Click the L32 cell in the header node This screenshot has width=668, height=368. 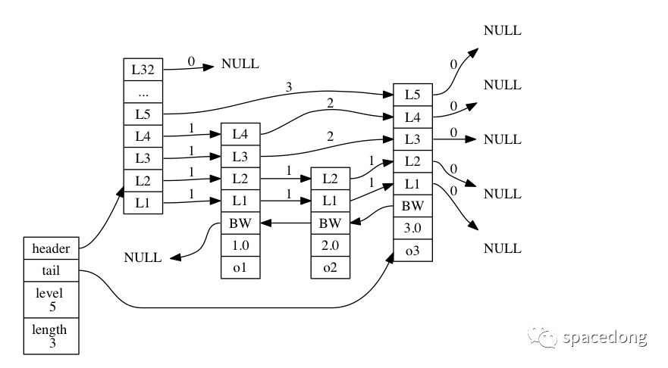143,70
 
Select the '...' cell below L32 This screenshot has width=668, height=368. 143,92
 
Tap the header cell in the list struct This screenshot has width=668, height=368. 51,248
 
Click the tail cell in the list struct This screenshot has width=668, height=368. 51,270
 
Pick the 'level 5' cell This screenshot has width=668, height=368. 51,300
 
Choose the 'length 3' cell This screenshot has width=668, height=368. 51,335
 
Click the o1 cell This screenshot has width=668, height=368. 240,267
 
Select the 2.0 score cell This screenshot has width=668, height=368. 330,245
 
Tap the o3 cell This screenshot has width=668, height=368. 412,250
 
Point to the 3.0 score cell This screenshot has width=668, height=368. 412,228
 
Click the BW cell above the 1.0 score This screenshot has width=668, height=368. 240,223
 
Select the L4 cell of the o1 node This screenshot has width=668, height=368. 240,135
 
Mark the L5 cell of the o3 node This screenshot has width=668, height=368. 412,95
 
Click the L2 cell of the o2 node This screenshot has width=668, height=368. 330,179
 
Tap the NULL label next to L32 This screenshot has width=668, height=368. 240,64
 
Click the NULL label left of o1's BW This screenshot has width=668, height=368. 143,257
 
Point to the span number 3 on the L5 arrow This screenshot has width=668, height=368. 289,87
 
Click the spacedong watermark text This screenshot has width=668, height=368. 605,338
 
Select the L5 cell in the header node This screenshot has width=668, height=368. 143,114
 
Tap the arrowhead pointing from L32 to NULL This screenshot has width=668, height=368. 209,67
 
